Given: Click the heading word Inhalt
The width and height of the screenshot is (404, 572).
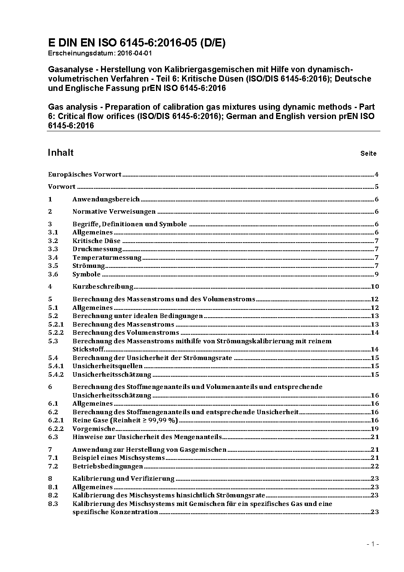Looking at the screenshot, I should [61, 152].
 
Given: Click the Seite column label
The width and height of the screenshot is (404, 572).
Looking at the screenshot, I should [368, 154].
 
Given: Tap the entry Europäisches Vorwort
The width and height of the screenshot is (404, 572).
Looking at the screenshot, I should [85, 174].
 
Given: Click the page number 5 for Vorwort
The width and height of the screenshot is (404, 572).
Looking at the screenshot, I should [377, 187].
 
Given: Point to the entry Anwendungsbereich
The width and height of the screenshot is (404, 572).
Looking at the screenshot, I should [106, 199].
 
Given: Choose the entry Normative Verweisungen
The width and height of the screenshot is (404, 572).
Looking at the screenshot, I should [114, 212].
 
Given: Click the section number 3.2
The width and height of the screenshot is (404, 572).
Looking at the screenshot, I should [53, 241].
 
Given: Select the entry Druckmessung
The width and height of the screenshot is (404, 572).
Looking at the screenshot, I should [97, 249].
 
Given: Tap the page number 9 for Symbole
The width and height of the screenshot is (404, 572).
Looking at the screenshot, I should [377, 274].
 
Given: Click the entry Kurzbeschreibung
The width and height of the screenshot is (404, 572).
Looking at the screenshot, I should [103, 287].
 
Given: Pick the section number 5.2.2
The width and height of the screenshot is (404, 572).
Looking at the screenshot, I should [56, 333].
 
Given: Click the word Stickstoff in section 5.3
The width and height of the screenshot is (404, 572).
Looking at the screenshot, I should [88, 349].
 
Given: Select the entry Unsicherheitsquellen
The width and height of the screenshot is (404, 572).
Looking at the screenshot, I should [108, 366].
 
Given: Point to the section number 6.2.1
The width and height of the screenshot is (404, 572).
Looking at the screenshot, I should [56, 420].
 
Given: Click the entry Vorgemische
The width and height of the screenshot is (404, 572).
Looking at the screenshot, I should [94, 429].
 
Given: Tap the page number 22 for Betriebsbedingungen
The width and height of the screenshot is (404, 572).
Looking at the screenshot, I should [375, 466].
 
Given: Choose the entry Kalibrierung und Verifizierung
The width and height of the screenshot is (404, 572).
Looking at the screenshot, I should [123, 479].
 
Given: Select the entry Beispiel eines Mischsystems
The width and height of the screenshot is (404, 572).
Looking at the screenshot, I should [119, 458].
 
